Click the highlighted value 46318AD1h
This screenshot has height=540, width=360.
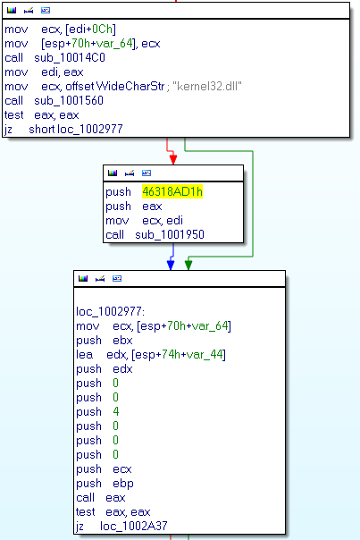172,191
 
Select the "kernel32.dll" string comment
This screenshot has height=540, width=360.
207,86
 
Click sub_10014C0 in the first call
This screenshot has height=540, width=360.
70,57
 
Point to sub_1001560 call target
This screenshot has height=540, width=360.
69,100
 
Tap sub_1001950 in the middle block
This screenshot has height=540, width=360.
170,234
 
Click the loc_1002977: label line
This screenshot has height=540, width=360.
111,311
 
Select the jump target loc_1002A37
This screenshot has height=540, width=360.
133,526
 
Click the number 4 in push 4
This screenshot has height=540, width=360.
115,411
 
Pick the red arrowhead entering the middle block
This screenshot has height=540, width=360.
173,159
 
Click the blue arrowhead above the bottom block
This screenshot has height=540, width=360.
171,265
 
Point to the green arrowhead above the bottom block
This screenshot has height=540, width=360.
188,265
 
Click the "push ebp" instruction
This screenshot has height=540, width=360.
105,483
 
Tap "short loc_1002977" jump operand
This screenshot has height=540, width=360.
76,129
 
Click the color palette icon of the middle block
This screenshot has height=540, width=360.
113,173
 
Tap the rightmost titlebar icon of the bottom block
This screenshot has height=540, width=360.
117,278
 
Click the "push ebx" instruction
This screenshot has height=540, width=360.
105,341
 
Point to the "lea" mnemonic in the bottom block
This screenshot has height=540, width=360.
84,354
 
